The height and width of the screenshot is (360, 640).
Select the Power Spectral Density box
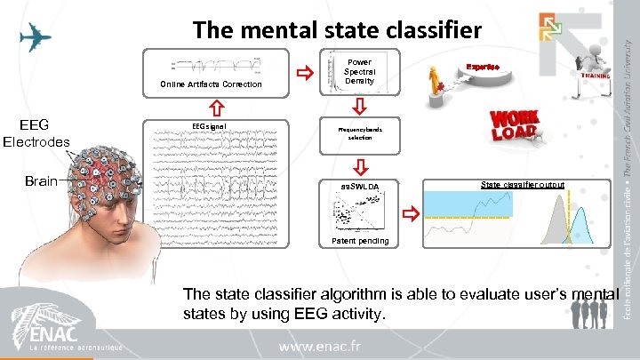pyautogui.click(x=360, y=68)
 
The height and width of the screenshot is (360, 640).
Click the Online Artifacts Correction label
pyautogui.click(x=211, y=84)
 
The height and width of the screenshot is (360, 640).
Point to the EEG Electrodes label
pyautogui.click(x=36, y=132)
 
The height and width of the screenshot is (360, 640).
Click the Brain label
pyautogui.click(x=41, y=181)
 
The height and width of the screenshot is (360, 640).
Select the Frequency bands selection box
pyautogui.click(x=360, y=133)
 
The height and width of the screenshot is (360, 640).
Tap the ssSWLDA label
pyautogui.click(x=359, y=186)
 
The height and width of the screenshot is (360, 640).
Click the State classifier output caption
pyautogui.click(x=522, y=185)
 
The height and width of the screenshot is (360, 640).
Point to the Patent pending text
pyautogui.click(x=359, y=241)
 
